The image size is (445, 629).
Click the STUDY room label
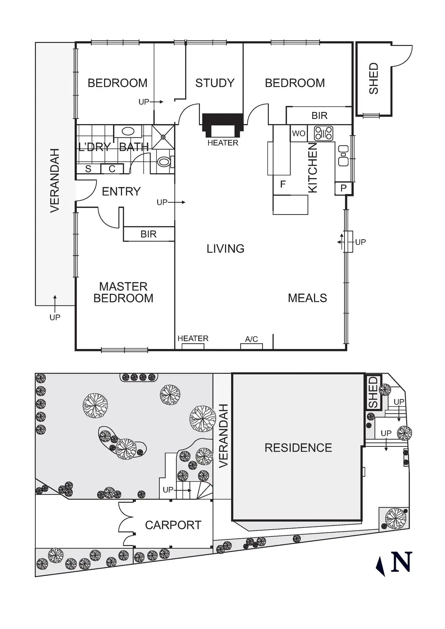[215, 83]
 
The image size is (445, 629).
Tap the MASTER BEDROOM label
[123, 292]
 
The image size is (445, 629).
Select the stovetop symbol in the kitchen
[323, 133]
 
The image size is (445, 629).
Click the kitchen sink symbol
[343, 155]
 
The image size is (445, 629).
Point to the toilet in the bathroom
[164, 162]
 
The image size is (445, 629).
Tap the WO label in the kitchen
[299, 134]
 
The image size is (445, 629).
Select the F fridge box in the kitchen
[283, 185]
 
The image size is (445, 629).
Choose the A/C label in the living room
[252, 339]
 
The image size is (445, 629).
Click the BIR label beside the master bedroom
[149, 234]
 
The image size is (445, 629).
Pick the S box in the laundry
[88, 169]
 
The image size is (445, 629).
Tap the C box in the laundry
[112, 169]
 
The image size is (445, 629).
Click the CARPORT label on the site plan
[173, 525]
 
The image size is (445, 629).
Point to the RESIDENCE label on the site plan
[298, 448]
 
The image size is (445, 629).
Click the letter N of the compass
[401, 562]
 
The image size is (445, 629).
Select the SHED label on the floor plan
[374, 79]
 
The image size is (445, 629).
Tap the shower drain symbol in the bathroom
[163, 137]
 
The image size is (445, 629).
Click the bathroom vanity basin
[128, 131]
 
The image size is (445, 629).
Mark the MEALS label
[308, 298]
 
